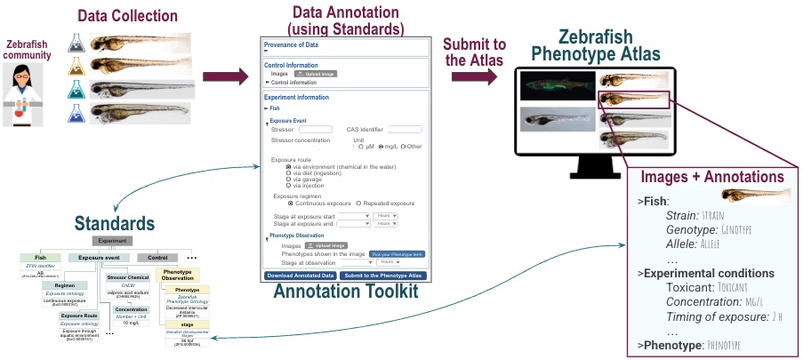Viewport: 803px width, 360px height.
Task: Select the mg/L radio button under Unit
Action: click(x=382, y=147)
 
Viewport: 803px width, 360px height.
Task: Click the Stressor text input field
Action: click(x=315, y=130)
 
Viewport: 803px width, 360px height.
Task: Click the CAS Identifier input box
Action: click(x=405, y=130)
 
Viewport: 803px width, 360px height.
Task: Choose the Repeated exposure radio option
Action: click(x=358, y=203)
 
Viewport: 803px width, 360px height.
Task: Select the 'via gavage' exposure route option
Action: click(x=288, y=179)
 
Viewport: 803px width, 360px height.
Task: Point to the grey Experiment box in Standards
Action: click(x=112, y=241)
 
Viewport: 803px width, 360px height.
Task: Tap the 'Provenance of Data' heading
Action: click(x=294, y=45)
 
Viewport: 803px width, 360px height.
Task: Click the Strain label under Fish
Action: click(x=683, y=215)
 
